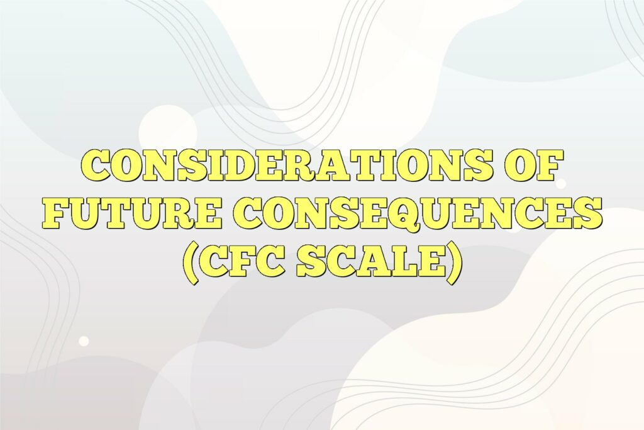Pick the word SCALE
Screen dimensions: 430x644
[370, 263]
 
